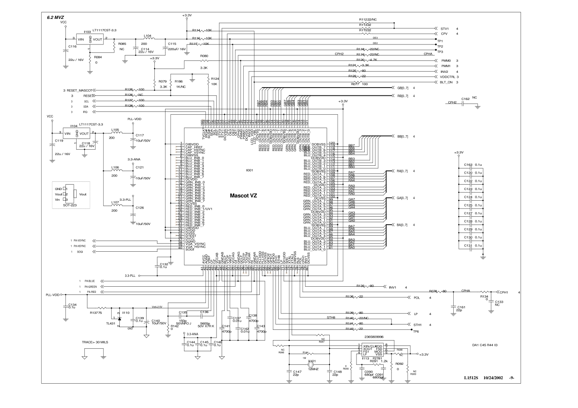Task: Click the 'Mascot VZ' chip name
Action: click(243, 196)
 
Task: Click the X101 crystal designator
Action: click(311, 361)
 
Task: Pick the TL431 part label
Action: click(111, 323)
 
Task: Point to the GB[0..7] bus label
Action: click(402, 88)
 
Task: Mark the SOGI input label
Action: click(79, 252)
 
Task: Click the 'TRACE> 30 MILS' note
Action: click(95, 342)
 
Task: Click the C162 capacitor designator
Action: click(465, 99)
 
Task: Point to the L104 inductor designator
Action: click(147, 36)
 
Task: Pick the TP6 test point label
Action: click(416, 331)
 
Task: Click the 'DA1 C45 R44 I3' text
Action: click(485, 345)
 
